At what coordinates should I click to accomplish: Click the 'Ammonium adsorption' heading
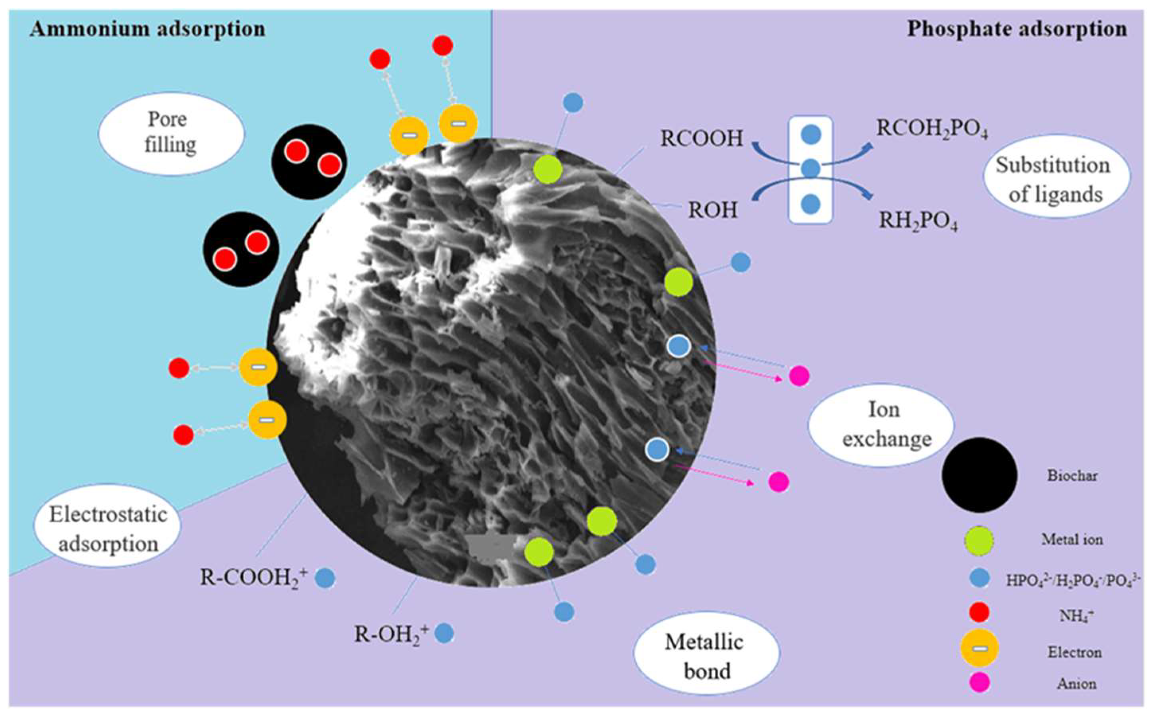(147, 29)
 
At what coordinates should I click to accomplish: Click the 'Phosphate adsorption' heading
(1016, 29)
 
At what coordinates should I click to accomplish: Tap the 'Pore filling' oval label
(171, 132)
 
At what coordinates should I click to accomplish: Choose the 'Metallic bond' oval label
(706, 656)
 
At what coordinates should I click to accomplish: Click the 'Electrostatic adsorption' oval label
(108, 529)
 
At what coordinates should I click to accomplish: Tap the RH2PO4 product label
(918, 221)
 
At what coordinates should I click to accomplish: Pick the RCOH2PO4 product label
(932, 128)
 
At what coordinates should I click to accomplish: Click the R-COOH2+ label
(254, 578)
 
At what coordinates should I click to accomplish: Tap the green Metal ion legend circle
(979, 540)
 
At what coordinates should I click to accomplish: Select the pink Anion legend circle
(979, 683)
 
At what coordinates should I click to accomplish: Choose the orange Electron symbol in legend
(979, 648)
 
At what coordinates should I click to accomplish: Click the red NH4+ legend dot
(979, 613)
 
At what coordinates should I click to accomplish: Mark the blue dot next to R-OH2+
(444, 633)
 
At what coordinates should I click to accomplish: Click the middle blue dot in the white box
(810, 168)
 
